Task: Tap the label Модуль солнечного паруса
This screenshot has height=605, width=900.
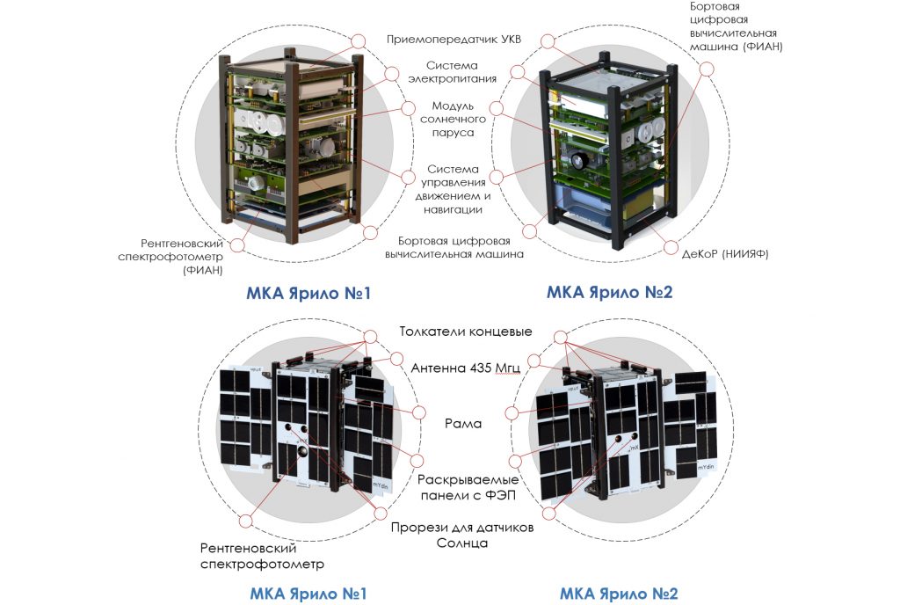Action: (x=453, y=120)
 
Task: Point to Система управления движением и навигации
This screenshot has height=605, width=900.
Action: (x=454, y=189)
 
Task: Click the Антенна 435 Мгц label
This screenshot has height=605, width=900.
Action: (x=466, y=368)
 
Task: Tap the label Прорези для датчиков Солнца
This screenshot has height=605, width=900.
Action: (x=461, y=535)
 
